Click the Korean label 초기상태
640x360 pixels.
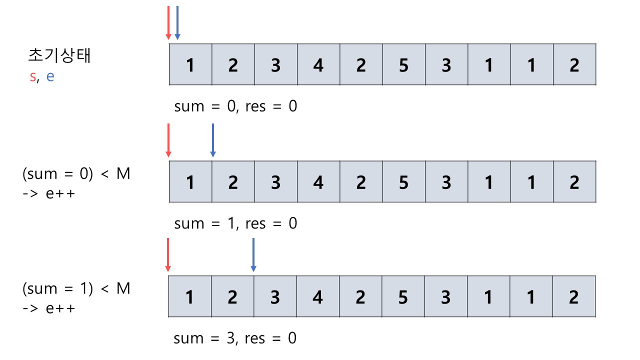(x=59, y=55)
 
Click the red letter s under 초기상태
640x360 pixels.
(x=32, y=77)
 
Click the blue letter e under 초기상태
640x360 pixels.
(x=50, y=77)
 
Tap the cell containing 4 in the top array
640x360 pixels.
(x=318, y=64)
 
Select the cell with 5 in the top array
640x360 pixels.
(x=403, y=64)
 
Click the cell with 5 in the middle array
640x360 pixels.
(x=403, y=181)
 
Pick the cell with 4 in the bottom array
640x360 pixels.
(x=317, y=296)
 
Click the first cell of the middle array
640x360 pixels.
(x=190, y=181)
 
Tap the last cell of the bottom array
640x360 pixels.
(x=573, y=296)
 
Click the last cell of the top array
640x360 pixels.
(x=574, y=64)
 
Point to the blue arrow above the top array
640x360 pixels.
(x=177, y=22)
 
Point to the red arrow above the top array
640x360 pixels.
(x=168, y=22)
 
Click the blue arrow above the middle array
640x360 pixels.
(x=212, y=140)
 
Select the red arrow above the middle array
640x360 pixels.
(x=168, y=140)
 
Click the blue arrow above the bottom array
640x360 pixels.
(x=253, y=255)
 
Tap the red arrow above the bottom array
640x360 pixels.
(x=168, y=255)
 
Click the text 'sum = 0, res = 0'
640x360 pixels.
(x=235, y=106)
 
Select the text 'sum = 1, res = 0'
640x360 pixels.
(x=235, y=223)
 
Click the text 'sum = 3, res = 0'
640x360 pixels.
(x=235, y=338)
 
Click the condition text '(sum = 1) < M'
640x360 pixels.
(x=76, y=289)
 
